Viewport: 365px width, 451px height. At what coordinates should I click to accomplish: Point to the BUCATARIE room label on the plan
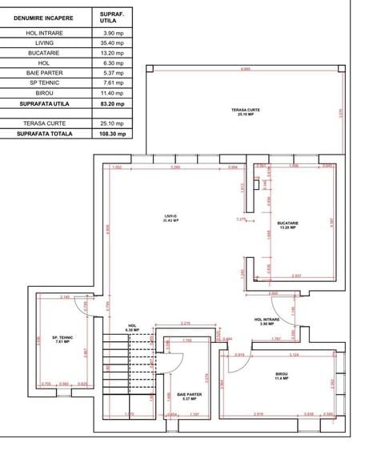[288, 225]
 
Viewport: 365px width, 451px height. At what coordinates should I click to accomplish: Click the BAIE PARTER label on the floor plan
[189, 396]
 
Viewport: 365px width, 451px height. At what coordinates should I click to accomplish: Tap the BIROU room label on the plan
[282, 375]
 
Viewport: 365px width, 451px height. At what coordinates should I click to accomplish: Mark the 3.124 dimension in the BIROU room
[293, 353]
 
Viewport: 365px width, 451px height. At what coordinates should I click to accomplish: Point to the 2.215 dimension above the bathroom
[186, 323]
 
